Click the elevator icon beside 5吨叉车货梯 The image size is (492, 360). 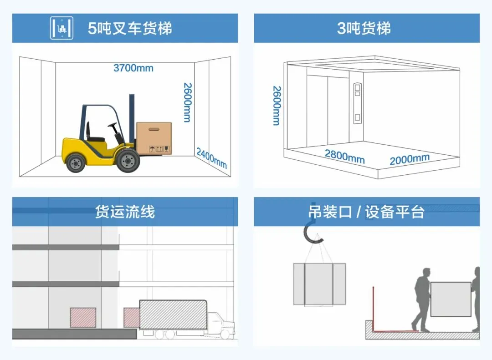(x=61, y=28)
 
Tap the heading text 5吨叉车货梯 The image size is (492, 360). (x=130, y=29)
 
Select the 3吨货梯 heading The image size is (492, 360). (x=364, y=29)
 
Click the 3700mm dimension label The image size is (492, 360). (x=133, y=68)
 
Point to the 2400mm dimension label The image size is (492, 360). (x=211, y=157)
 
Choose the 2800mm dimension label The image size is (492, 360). (x=344, y=156)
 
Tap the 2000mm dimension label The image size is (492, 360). (x=409, y=159)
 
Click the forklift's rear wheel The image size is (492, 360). (x=76, y=162)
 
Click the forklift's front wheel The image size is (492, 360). (x=128, y=161)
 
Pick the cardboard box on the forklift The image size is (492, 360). (x=154, y=138)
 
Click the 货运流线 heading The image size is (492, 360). (x=125, y=212)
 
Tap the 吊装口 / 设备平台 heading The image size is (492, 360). (x=366, y=212)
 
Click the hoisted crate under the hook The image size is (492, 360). (x=319, y=284)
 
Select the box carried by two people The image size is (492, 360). (x=451, y=299)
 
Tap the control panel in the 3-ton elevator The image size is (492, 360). (x=358, y=102)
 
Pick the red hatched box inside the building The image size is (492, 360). (x=83, y=317)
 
